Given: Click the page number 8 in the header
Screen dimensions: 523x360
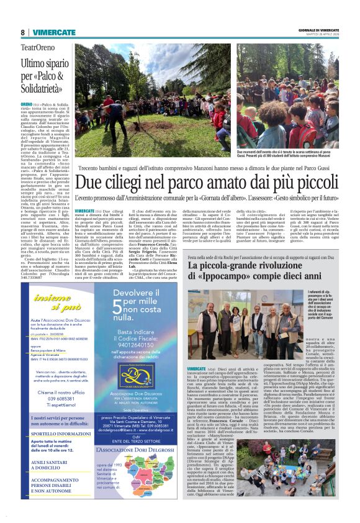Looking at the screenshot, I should tap(22, 32).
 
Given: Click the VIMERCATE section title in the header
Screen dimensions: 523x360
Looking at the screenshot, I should tap(53, 32).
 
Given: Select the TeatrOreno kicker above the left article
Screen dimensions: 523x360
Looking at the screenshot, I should tap(38, 47).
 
